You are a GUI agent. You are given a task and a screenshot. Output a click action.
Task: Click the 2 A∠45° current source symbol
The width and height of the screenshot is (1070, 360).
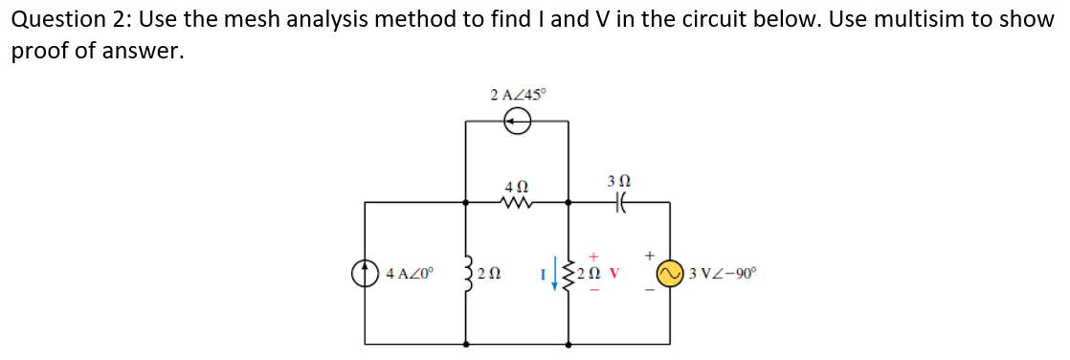[517, 121]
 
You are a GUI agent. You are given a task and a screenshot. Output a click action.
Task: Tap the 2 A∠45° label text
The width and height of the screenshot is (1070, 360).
[517, 94]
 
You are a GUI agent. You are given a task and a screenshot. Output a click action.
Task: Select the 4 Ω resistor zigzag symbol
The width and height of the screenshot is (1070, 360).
[517, 202]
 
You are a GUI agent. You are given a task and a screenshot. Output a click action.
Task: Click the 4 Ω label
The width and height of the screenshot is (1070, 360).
[517, 184]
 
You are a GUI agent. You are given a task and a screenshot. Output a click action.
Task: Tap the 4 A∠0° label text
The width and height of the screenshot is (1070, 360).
[410, 275]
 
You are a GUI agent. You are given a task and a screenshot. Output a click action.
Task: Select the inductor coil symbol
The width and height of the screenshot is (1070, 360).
[468, 274]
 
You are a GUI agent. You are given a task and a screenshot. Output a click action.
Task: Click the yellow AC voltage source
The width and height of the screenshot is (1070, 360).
[669, 274]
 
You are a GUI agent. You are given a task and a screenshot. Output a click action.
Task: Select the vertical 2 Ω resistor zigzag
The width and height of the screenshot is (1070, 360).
[570, 274]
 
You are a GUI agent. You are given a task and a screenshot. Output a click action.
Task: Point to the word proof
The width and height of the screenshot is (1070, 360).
[39, 52]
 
